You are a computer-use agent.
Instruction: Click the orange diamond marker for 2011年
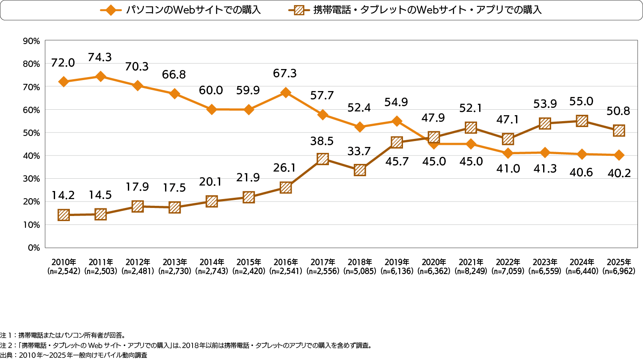[100, 77]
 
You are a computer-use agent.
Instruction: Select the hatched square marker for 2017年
[323, 159]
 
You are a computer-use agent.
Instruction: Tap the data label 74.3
[100, 57]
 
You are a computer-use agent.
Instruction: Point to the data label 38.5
[322, 141]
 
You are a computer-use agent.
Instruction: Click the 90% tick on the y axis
[31, 41]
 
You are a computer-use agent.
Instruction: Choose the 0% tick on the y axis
[33, 248]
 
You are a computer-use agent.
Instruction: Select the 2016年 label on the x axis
[286, 262]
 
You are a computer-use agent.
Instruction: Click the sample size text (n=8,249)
[471, 271]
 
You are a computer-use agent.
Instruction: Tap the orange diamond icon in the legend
[111, 10]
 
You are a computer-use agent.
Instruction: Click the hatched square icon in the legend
[299, 10]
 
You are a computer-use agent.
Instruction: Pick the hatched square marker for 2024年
[582, 121]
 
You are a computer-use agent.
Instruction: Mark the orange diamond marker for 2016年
[286, 92]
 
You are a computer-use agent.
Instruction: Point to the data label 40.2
[619, 173]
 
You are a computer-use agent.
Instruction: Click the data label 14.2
[63, 195]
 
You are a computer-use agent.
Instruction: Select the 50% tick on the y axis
[31, 133]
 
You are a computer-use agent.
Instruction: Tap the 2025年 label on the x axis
[619, 262]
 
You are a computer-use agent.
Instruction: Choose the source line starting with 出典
[74, 355]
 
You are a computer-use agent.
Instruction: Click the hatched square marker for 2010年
[63, 215]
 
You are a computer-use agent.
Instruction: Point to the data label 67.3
[285, 73]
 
